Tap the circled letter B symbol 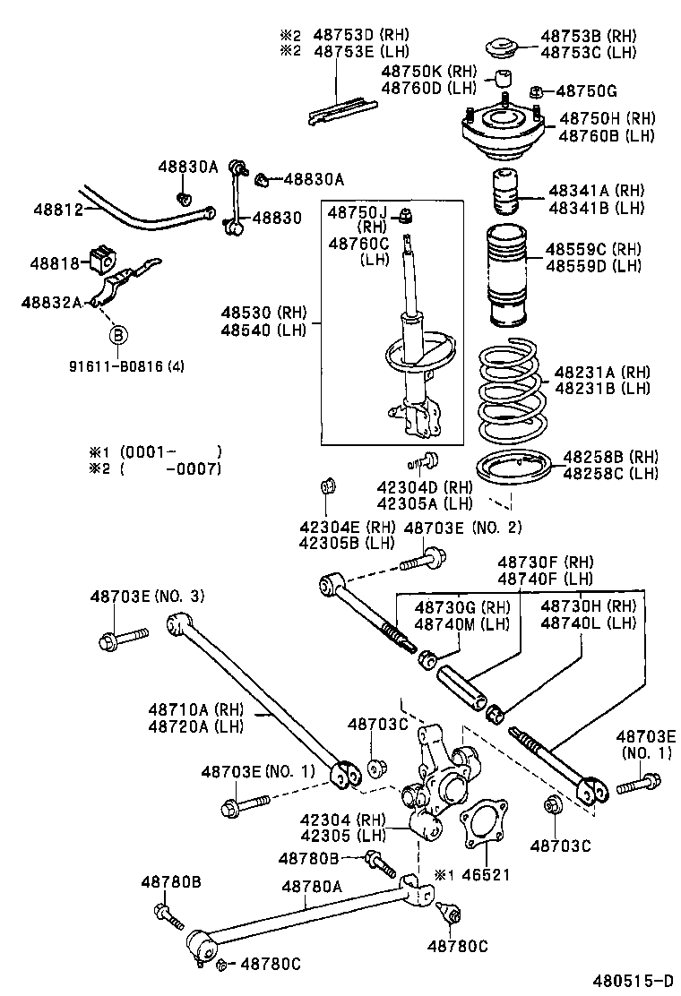click(x=119, y=336)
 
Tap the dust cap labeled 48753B click(x=503, y=47)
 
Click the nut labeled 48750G click(x=535, y=90)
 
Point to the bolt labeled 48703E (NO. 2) click(x=420, y=563)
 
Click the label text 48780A click(x=312, y=886)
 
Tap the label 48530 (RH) click(x=264, y=313)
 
